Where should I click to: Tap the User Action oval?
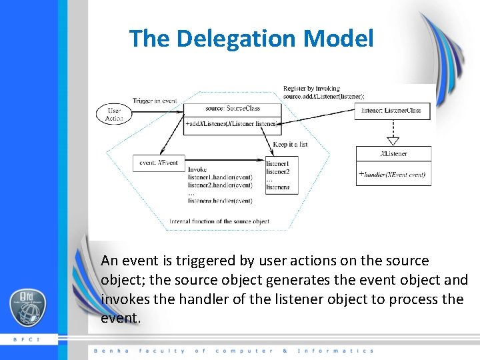[114, 114]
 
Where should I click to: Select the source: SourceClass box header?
[233, 108]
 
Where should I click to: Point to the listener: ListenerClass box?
[391, 111]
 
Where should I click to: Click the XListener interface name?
[393, 154]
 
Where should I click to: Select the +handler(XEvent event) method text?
[393, 175]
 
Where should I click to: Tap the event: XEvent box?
[159, 162]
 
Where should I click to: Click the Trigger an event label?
[154, 101]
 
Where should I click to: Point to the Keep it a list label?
[291, 144]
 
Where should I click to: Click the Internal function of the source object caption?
[219, 221]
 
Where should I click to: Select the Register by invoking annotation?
[311, 88]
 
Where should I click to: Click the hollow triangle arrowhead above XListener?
[393, 141]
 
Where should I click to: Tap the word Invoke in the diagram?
[197, 170]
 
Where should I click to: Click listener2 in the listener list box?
[277, 171]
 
